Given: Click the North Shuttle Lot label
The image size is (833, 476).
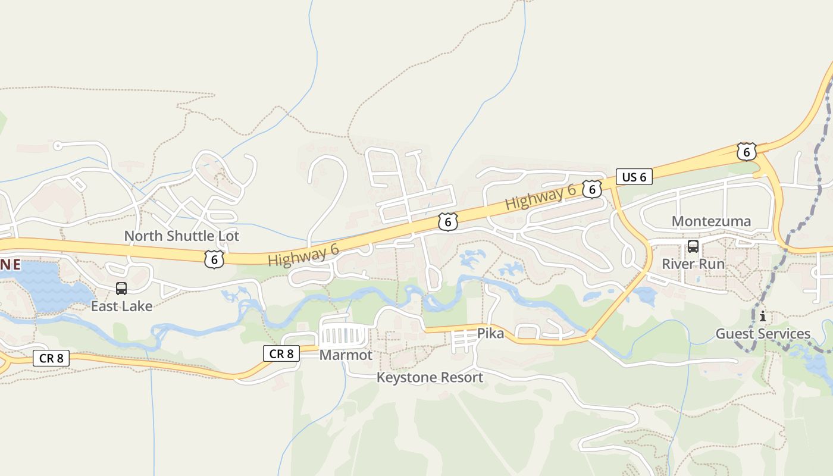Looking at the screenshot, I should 181,236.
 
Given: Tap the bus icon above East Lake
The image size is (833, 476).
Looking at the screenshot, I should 121,289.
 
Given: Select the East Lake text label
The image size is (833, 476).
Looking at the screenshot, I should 121,306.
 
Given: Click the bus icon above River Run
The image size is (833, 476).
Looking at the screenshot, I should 693,246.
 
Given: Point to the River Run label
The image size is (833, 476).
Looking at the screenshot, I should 693,264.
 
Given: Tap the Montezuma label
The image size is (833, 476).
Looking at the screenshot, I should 711,221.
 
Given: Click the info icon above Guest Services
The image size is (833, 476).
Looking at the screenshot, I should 763,316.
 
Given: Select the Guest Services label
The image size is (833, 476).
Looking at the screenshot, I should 763,334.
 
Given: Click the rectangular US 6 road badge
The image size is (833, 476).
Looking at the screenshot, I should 634,177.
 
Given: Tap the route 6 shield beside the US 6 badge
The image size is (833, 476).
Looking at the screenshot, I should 591,189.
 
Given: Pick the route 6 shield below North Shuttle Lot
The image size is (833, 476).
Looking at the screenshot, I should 214,259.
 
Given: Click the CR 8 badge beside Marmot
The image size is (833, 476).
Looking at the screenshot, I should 281,353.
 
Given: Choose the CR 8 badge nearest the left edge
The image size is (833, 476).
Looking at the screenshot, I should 52,358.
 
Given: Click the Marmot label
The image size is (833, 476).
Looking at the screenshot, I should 346,355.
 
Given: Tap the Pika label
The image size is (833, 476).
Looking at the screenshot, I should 490,333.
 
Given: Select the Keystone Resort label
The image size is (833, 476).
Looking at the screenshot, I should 430,377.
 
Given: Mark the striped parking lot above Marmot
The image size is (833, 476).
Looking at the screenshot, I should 344,335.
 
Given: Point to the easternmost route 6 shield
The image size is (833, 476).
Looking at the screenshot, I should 746,151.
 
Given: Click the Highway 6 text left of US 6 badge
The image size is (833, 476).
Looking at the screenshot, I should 540,197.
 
